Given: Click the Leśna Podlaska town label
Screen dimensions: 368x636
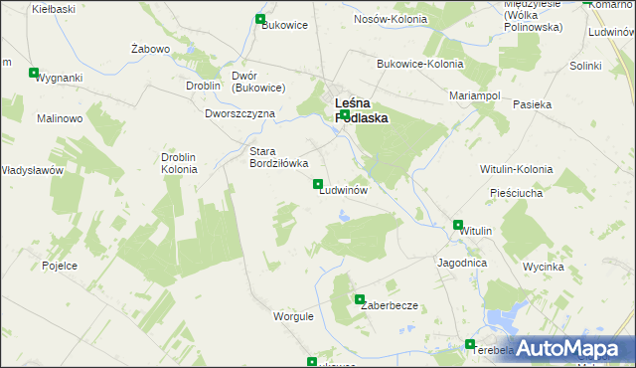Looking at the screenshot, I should click(x=361, y=109).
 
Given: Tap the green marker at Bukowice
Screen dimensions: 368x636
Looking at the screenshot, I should click(x=261, y=19).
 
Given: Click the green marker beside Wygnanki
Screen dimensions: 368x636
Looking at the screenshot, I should click(x=35, y=73).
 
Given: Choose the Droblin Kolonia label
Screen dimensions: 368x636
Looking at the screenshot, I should click(x=179, y=163).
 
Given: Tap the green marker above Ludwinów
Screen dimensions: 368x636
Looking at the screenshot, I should click(x=318, y=184).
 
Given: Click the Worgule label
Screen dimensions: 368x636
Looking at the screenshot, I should click(x=293, y=316).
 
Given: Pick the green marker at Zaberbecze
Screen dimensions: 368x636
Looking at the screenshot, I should click(x=360, y=299).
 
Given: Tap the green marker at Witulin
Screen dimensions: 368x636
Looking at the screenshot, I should click(x=458, y=226).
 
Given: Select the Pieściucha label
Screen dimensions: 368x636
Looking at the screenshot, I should click(x=516, y=193).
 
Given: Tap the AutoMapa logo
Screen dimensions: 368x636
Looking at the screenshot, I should click(x=567, y=348).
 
